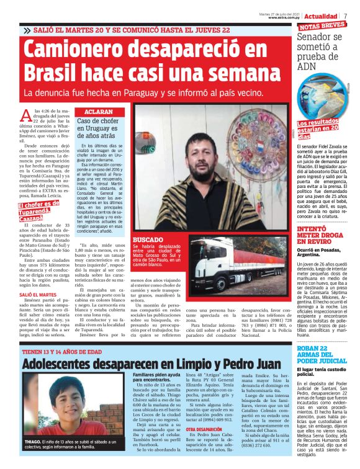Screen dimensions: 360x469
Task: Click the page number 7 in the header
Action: [346, 16]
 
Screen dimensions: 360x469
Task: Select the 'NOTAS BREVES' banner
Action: [322, 26]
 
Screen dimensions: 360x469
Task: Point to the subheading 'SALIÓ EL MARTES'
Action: [38, 295]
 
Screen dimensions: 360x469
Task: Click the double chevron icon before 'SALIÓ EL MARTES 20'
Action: [27, 30]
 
